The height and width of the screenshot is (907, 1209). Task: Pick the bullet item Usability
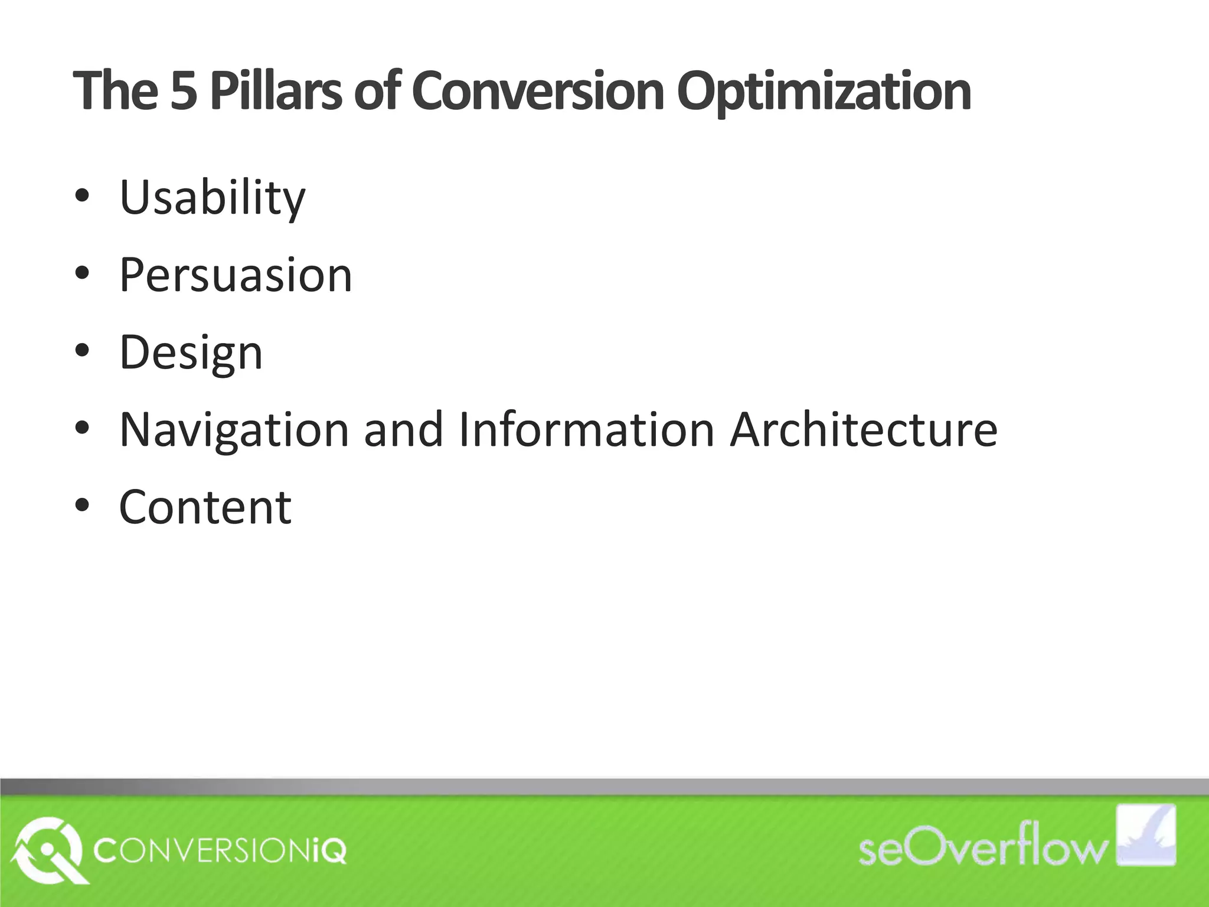213,198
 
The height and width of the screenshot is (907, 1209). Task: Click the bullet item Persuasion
236,275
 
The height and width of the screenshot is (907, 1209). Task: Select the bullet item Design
191,353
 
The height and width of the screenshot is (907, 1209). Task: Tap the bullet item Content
205,507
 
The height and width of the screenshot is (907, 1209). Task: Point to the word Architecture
863,429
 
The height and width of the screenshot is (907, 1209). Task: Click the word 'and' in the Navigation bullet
403,429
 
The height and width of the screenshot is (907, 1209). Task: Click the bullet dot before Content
83,505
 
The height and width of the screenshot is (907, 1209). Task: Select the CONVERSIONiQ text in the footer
220,851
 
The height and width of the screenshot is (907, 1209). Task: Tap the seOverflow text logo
983,849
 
